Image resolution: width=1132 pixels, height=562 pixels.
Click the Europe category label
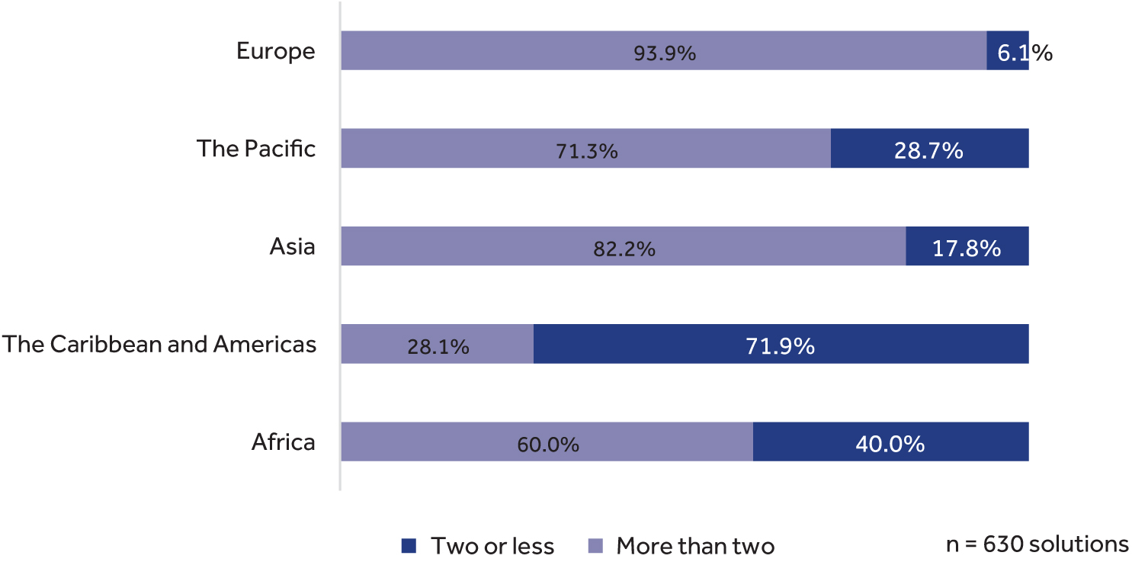tap(275, 51)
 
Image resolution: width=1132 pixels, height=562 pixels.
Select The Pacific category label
tap(256, 148)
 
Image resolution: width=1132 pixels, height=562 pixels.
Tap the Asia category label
tap(292, 246)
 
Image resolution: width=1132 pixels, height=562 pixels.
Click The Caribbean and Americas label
tap(159, 344)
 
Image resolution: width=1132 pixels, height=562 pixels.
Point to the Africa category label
tap(283, 442)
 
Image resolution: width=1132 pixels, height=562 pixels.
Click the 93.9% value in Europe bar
tap(665, 53)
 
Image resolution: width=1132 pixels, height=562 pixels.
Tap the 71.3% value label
tap(586, 151)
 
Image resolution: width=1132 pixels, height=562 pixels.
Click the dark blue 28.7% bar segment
tap(929, 149)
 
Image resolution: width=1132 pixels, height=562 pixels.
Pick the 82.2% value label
tap(624, 249)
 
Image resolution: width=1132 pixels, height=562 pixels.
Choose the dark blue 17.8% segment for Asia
tap(967, 246)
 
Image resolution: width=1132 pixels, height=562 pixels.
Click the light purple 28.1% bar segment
tap(438, 345)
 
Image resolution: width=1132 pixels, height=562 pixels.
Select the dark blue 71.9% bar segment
tap(781, 344)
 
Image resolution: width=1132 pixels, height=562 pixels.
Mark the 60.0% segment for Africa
tap(547, 442)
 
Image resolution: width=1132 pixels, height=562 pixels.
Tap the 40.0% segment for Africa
tap(890, 442)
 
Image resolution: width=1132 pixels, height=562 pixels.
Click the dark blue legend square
tap(409, 546)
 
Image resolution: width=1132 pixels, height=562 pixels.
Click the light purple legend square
tap(596, 546)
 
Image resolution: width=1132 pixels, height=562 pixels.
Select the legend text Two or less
tap(492, 546)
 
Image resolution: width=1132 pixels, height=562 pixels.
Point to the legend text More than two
tap(695, 546)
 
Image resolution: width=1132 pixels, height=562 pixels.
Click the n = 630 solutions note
tap(1037, 544)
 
